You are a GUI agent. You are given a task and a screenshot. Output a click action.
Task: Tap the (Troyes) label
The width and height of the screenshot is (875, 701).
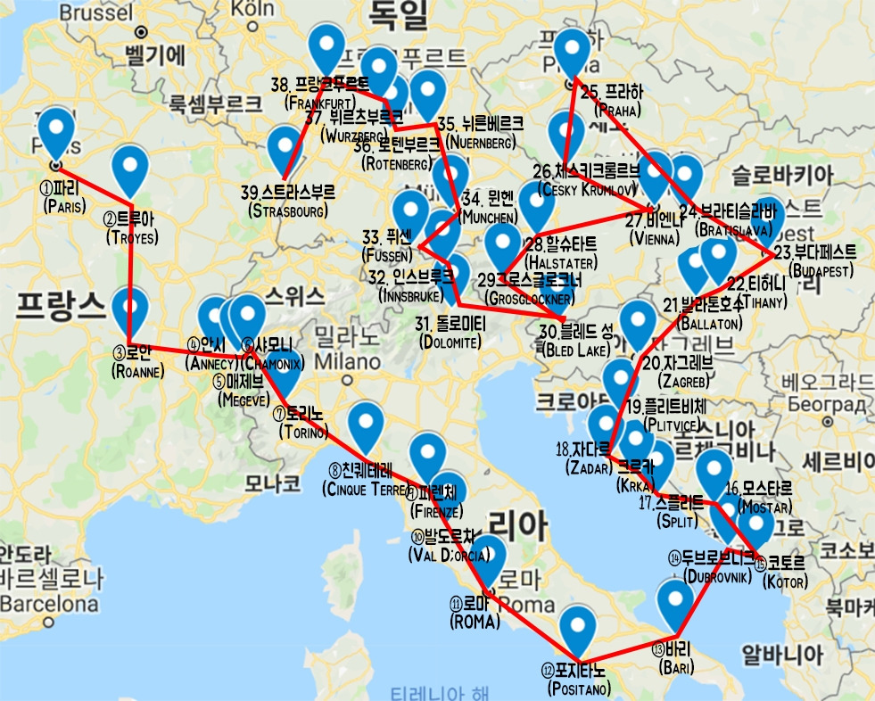click(x=130, y=237)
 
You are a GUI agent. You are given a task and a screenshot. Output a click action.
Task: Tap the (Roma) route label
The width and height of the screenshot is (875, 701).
click(x=475, y=622)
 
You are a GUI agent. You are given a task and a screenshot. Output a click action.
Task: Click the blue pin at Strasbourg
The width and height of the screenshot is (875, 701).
click(x=285, y=147)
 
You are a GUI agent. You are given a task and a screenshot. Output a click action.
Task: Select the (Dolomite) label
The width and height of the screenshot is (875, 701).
click(x=450, y=342)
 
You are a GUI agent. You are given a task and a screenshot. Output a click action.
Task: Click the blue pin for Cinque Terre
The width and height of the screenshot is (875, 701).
click(x=366, y=425)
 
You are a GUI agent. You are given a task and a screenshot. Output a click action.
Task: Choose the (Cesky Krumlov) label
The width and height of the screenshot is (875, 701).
click(x=585, y=188)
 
